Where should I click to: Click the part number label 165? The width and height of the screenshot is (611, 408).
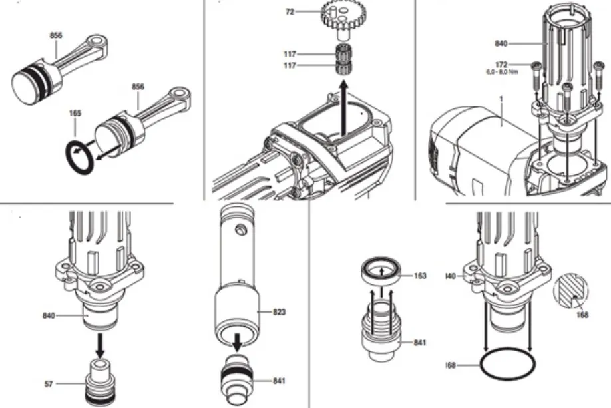(x=75, y=114)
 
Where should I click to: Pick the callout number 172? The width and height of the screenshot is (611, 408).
(x=501, y=64)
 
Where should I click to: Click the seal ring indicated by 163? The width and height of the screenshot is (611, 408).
(x=381, y=272)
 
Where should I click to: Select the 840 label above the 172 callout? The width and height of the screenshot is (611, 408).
(x=501, y=43)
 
